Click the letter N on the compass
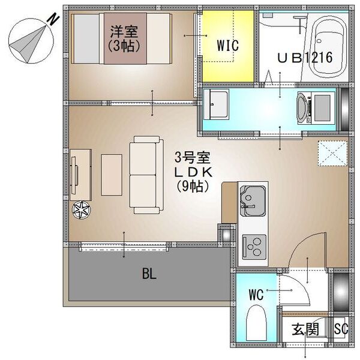53,19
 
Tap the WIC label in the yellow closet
227,45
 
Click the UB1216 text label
305,58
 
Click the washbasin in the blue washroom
216,104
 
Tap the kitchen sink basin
253,200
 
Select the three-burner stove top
254,247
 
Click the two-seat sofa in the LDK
146,175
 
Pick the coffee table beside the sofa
112,175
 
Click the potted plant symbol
81,210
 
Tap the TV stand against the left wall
80,175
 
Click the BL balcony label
149,274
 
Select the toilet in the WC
256,323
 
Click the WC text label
256,295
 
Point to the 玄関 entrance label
305,329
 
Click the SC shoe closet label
341,329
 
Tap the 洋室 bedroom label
124,32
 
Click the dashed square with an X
332,154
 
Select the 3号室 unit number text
193,157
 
